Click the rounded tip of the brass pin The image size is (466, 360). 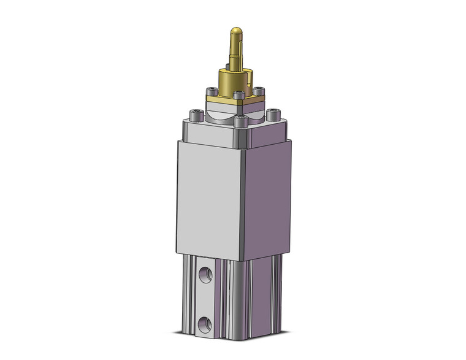click(x=235, y=31)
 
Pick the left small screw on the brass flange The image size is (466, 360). click(x=212, y=92)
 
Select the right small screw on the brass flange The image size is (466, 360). click(x=258, y=91)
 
